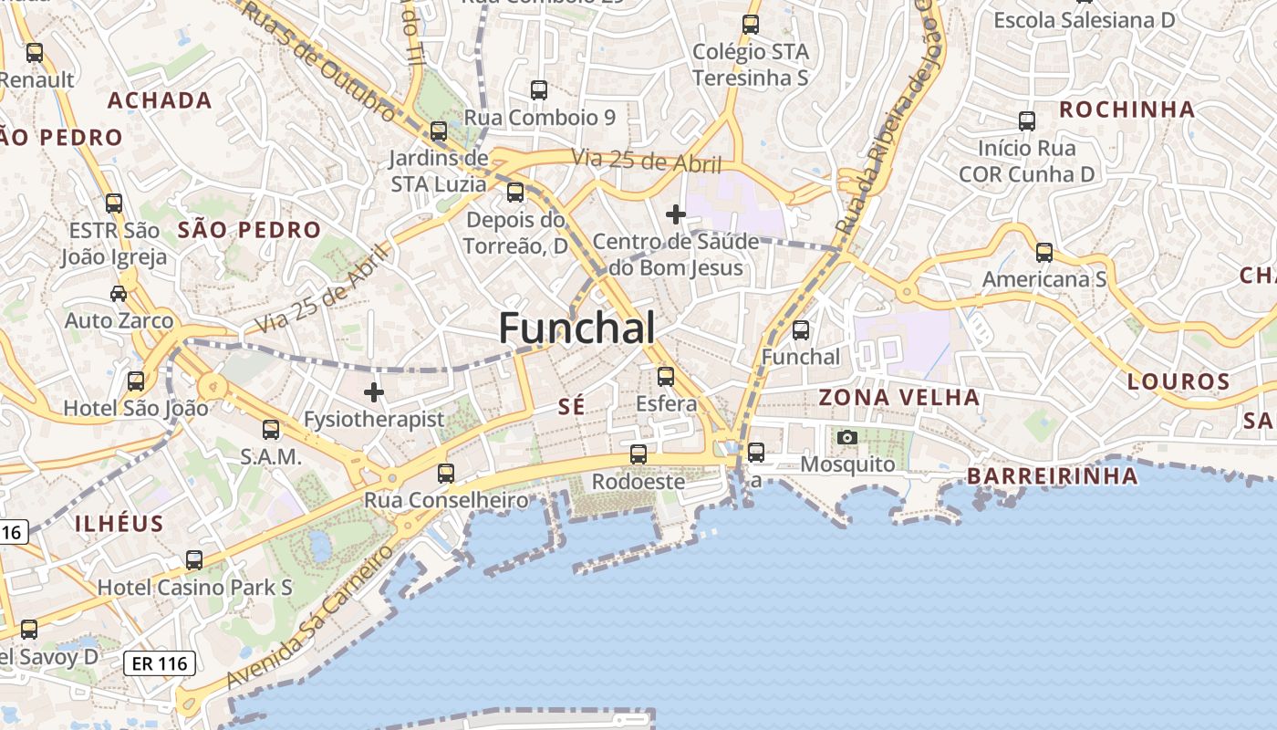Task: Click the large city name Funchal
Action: [576, 328]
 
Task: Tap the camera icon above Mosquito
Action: [847, 438]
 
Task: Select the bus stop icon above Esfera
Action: [666, 376]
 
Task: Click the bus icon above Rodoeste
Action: [638, 454]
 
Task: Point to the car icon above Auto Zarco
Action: [119, 293]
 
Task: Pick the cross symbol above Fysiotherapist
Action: [373, 393]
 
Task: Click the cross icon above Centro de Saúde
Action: [676, 214]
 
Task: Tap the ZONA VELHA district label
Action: [898, 398]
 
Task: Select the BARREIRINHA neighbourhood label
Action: [1053, 476]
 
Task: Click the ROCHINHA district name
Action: [1126, 110]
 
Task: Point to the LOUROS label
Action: [1178, 381]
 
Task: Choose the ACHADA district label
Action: [161, 100]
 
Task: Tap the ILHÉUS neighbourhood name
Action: [119, 524]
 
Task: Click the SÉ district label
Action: [571, 407]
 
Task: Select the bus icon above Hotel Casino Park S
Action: [194, 560]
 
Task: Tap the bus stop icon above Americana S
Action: [1044, 253]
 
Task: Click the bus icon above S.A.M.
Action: [271, 430]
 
